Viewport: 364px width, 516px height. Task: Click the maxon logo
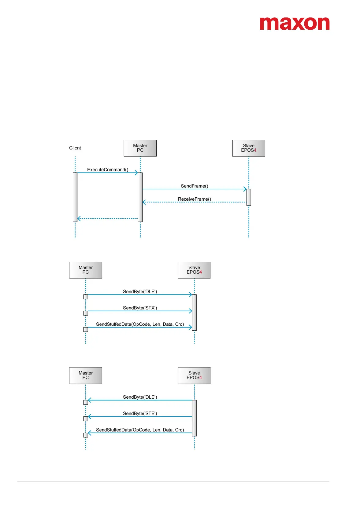[x=295, y=24]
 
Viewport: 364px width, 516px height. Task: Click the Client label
[x=75, y=148]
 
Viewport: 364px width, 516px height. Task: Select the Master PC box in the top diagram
[x=140, y=148]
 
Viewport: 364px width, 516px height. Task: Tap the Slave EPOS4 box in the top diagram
[x=249, y=148]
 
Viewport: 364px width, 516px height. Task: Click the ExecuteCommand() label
[x=108, y=170]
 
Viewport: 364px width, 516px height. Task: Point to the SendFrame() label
[x=195, y=186]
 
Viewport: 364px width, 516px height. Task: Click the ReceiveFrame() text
[x=195, y=199]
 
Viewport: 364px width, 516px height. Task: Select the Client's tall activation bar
[x=75, y=197]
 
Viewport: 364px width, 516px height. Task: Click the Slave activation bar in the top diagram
[x=249, y=197]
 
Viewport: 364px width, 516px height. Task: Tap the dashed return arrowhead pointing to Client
[x=79, y=218]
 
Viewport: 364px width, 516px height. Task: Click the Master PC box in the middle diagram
[x=86, y=270]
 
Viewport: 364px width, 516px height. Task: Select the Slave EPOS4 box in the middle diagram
[x=194, y=270]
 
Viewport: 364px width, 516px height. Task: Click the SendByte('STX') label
[x=140, y=308]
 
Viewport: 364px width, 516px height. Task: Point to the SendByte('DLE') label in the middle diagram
[x=140, y=292]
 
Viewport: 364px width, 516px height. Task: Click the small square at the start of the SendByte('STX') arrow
[x=86, y=313]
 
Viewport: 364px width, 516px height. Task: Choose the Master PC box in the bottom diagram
[x=86, y=375]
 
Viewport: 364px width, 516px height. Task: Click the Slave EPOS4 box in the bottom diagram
[x=194, y=375]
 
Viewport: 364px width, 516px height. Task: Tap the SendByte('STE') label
[x=140, y=414]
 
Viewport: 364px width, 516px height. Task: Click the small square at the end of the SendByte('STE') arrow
[x=86, y=419]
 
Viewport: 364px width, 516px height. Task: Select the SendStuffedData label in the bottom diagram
[x=140, y=430]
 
